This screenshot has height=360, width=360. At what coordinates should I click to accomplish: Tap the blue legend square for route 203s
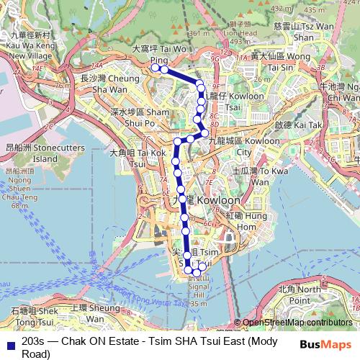pyautogui.click(x=9, y=343)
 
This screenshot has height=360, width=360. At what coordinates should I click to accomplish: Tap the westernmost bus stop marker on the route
pyautogui.click(x=154, y=68)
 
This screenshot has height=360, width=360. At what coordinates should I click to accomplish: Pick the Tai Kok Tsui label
pyautogui.click(x=141, y=158)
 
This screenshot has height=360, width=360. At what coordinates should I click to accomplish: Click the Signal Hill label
pyautogui.click(x=197, y=289)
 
